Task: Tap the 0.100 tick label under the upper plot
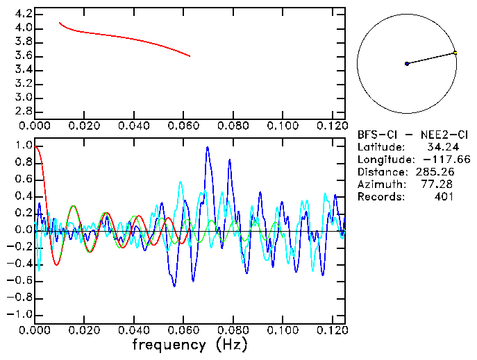283,126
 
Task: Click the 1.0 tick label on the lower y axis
23,146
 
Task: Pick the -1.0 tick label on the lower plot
19,314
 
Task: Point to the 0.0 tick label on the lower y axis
23,230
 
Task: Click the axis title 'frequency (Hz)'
190,344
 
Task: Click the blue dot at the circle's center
407,64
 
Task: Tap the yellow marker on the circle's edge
455,53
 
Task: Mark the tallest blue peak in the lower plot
207,148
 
